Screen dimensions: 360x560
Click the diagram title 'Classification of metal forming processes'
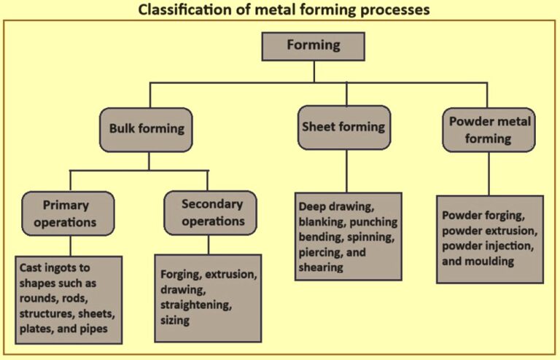(280, 10)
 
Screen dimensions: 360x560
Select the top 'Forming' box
(314, 45)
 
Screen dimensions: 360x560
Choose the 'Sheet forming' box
(344, 127)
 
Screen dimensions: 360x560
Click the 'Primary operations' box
(68, 213)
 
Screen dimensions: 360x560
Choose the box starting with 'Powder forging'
(490, 238)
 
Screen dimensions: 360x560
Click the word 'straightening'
(194, 305)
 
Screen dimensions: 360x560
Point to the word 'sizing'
(175, 320)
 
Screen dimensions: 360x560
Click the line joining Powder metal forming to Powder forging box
(482, 173)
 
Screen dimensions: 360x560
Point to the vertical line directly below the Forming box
(314, 71)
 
